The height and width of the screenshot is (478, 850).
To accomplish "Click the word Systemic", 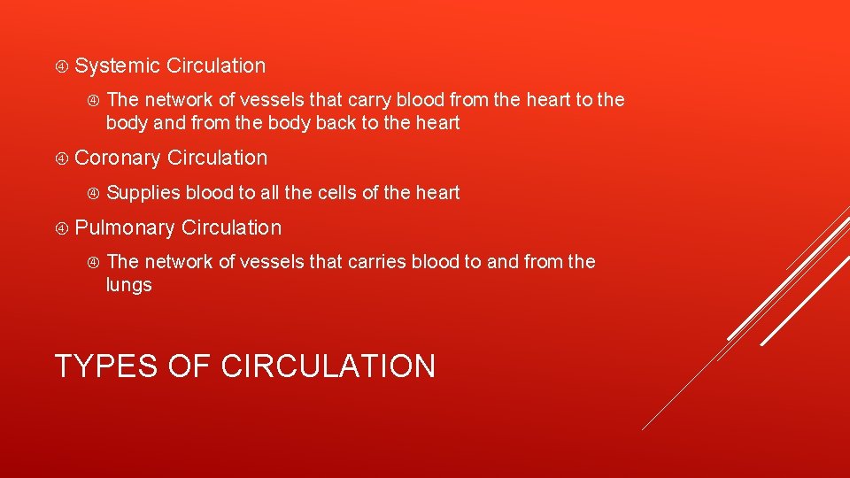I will tap(118, 66).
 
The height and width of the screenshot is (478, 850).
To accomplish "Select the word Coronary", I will tap(118, 158).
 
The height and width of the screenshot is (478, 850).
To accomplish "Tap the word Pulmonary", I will tap(125, 228).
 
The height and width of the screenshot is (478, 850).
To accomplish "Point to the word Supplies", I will tap(143, 193).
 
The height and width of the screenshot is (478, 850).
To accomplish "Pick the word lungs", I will tap(129, 286).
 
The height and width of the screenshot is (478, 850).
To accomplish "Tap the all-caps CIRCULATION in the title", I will tap(328, 366).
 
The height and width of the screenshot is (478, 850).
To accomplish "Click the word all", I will tap(269, 193).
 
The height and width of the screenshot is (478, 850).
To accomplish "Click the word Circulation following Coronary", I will tap(217, 158).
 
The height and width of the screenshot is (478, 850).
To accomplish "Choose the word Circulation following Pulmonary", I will tap(231, 228).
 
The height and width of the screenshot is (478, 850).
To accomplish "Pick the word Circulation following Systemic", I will tap(216, 66).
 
